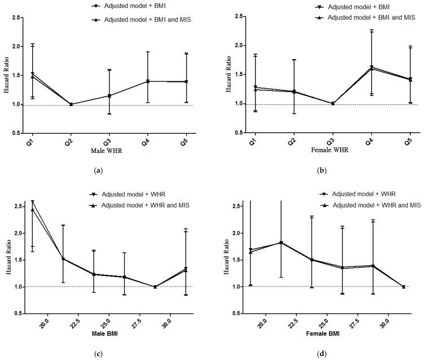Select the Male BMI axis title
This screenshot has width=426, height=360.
(x=108, y=337)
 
